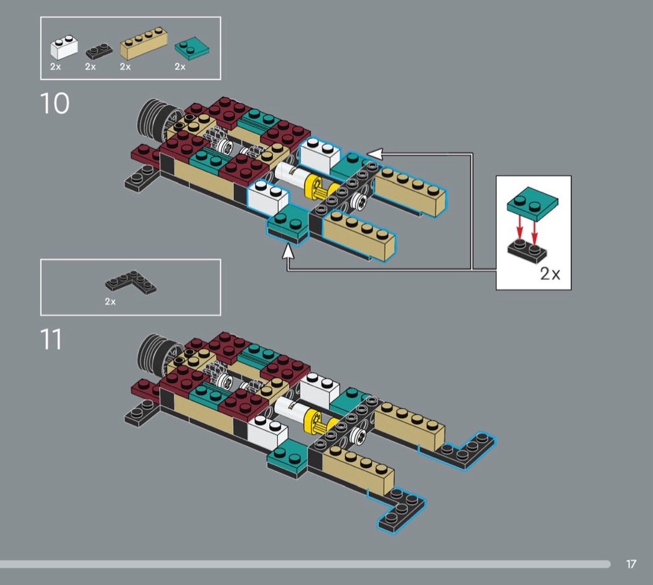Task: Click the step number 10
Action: coord(55,104)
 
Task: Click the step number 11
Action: coord(52,340)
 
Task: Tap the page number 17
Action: coord(631,564)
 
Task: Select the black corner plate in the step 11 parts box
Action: coord(131,283)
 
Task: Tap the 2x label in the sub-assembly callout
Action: coord(550,274)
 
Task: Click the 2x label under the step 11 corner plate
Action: coord(110,302)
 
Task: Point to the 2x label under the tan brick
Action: coord(126,66)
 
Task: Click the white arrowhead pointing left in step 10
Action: coord(374,153)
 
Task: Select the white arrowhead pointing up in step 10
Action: coord(288,252)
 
